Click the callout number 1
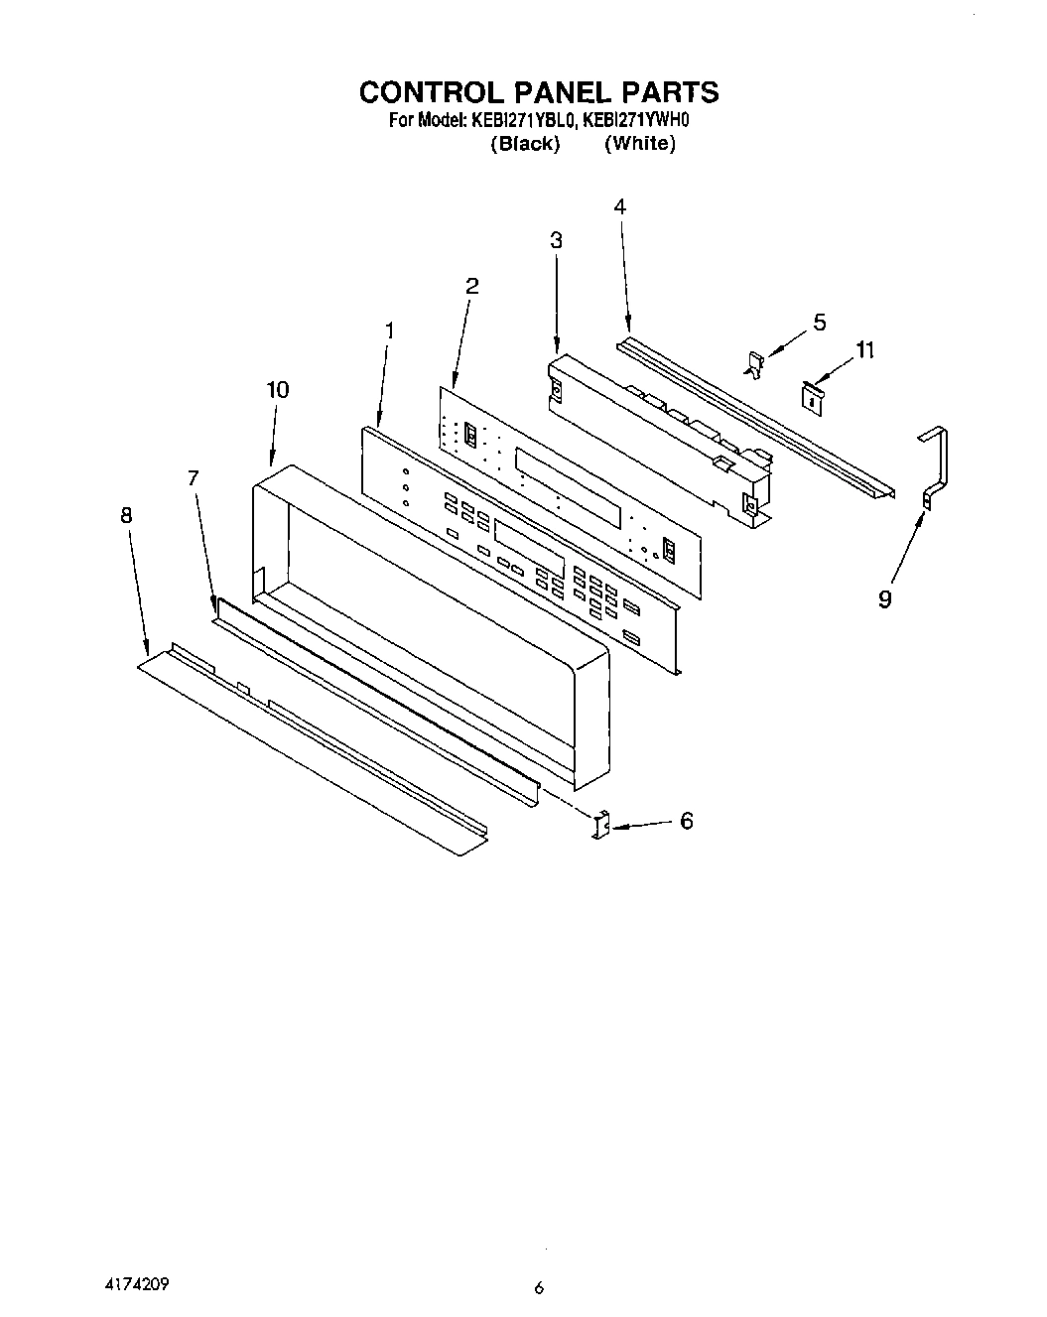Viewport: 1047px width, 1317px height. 389,331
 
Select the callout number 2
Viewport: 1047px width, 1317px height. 472,286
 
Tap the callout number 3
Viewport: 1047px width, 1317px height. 556,240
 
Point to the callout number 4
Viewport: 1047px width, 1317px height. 619,206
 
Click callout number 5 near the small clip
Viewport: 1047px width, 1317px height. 819,322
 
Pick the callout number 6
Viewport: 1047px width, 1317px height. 686,821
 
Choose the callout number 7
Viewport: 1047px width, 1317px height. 194,478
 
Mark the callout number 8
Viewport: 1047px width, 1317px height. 126,515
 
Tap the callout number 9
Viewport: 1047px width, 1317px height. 884,599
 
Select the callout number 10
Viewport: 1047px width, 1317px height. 278,390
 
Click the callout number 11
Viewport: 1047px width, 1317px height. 865,350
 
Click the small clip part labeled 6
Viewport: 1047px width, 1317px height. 599,826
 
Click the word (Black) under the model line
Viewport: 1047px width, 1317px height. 525,144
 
